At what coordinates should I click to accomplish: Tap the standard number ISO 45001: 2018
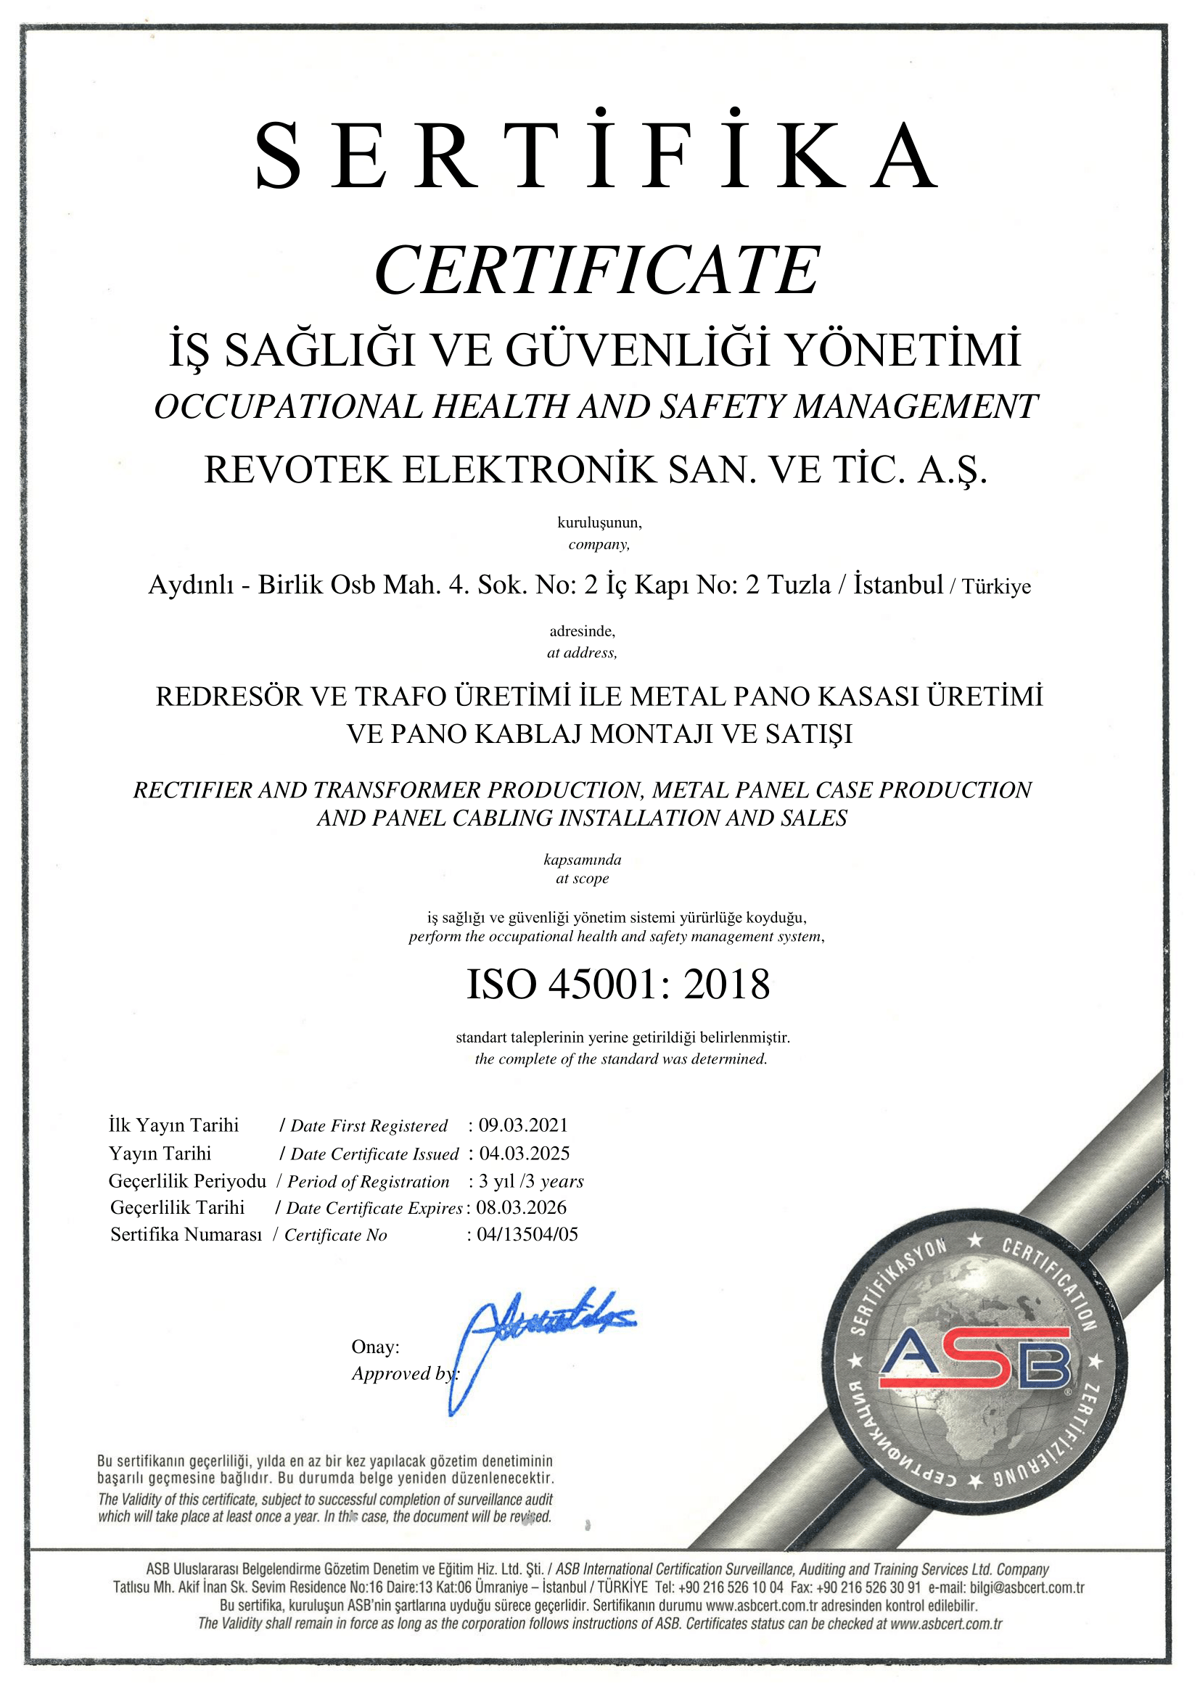617,985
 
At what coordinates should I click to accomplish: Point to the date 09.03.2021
523,1125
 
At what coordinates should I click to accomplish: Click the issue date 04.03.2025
524,1153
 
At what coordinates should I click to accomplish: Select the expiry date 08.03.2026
521,1207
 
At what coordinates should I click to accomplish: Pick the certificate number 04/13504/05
527,1233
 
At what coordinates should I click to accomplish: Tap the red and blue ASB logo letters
974,1358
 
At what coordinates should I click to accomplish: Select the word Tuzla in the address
800,585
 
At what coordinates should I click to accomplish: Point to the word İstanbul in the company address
897,585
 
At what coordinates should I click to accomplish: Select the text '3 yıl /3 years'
530,1181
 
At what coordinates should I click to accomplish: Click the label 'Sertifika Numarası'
186,1234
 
